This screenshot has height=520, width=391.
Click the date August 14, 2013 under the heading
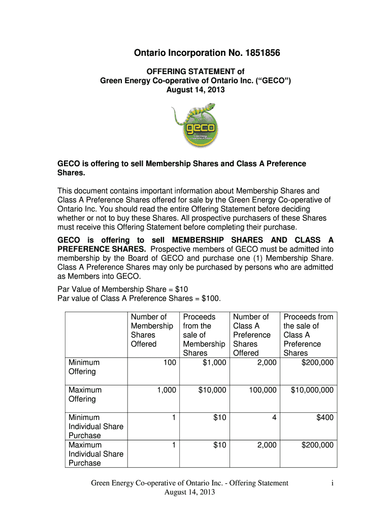[195, 90]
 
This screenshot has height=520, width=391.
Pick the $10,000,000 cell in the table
[312, 390]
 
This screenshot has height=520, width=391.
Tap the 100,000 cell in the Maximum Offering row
[263, 390]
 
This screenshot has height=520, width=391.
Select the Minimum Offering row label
[84, 367]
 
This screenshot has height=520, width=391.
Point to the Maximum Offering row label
[85, 395]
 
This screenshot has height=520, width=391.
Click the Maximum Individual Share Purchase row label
[95, 454]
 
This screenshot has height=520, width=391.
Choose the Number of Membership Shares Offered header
[152, 331]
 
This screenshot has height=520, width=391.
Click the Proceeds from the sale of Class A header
[308, 335]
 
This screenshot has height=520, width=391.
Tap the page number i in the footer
[331, 483]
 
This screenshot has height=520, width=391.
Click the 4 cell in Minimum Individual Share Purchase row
[274, 417]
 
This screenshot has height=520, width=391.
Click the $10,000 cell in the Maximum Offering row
[212, 390]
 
